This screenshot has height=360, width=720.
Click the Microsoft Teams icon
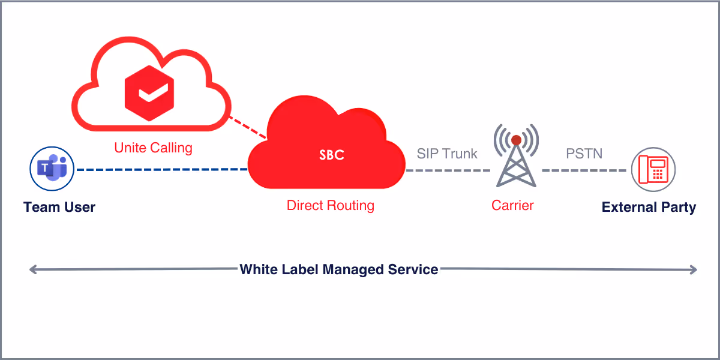pyautogui.click(x=52, y=169)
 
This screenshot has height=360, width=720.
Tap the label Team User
pyautogui.click(x=59, y=208)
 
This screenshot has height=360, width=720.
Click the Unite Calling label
pyautogui.click(x=153, y=147)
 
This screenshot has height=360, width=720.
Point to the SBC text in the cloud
pyautogui.click(x=332, y=155)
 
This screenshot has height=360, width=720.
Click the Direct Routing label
pyautogui.click(x=330, y=205)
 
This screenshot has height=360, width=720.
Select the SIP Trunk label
pyautogui.click(x=447, y=154)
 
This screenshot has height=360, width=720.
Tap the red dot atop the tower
pyautogui.click(x=516, y=140)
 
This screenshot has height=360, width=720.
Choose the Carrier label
pyautogui.click(x=512, y=205)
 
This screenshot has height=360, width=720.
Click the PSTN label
pyautogui.click(x=584, y=154)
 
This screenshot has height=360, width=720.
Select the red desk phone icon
pyautogui.click(x=653, y=169)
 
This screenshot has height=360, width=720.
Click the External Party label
pyautogui.click(x=649, y=208)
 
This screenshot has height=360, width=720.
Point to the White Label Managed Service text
pyautogui.click(x=338, y=269)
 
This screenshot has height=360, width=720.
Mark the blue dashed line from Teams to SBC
pyautogui.click(x=162, y=169)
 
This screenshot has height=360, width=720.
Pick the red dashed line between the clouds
pyautogui.click(x=248, y=127)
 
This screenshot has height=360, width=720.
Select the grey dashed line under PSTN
pyautogui.click(x=584, y=170)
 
